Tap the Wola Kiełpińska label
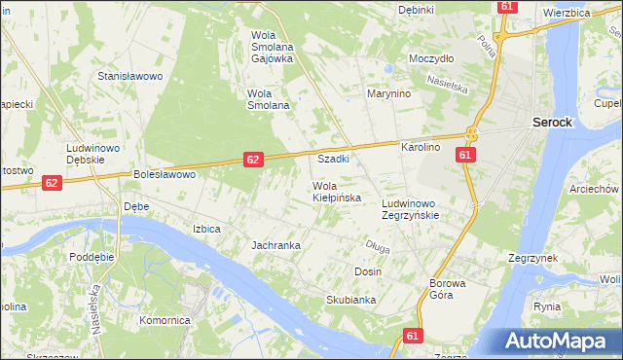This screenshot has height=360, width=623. click(337, 192)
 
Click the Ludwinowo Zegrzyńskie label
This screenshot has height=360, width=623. click(411, 210)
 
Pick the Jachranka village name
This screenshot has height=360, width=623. click(275, 245)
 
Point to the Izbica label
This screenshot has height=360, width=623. click(206, 230)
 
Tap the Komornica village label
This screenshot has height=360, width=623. click(164, 320)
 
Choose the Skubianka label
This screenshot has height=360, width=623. click(351, 300)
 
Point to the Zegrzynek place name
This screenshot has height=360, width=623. click(531, 259)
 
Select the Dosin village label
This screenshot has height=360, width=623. click(368, 271)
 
